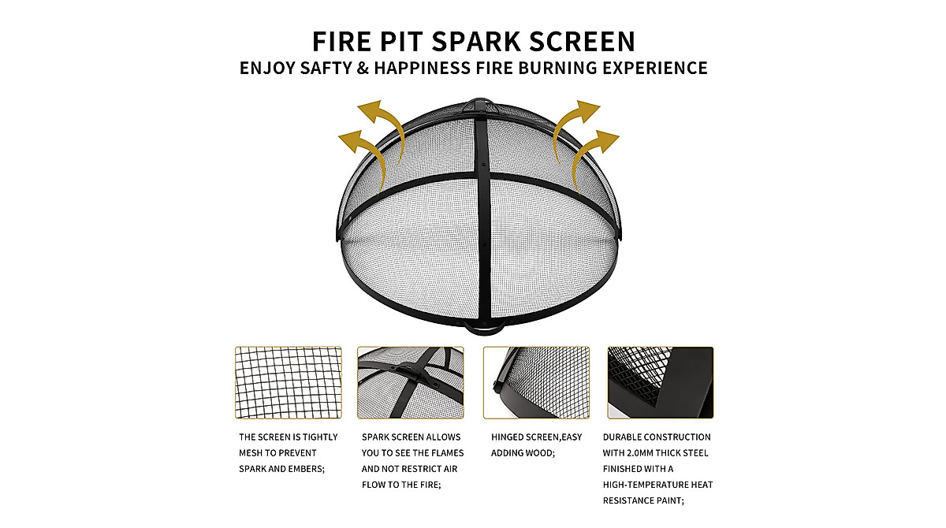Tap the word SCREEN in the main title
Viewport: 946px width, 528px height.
(x=579, y=40)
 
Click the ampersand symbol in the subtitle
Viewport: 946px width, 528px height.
(x=362, y=68)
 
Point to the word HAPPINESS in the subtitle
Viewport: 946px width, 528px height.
(x=423, y=68)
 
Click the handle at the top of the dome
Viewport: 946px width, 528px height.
(x=479, y=103)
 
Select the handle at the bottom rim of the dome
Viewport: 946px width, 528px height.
(x=482, y=325)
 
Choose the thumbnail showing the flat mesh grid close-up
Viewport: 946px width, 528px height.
(x=288, y=382)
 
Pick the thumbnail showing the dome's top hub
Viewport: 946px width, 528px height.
(x=410, y=382)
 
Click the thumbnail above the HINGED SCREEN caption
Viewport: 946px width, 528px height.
(x=536, y=382)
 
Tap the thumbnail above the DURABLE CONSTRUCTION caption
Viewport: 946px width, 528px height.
(x=660, y=382)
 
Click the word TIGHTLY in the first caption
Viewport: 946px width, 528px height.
(x=319, y=437)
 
